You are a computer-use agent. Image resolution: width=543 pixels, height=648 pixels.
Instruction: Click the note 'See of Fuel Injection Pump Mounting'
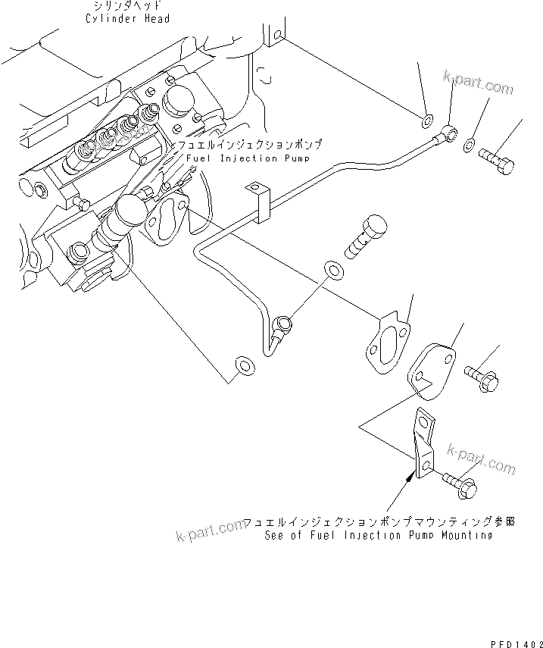point(379,535)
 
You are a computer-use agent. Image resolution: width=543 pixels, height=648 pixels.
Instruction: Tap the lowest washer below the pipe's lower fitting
point(244,366)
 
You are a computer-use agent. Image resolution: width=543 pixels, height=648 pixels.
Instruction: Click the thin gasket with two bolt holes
point(385,346)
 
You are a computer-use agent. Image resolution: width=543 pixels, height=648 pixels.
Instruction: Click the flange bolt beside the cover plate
point(480,375)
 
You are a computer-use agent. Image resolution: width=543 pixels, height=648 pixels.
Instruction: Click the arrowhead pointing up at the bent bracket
point(411,477)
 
